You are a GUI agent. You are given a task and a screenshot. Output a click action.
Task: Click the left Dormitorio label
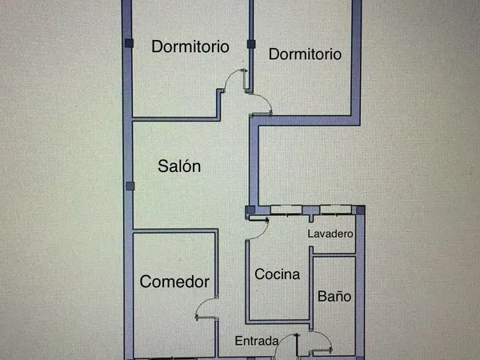coord(190,47)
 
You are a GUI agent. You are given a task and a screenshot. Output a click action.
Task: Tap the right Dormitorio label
coord(305,54)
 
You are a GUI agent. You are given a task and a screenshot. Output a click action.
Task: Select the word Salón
coord(179,166)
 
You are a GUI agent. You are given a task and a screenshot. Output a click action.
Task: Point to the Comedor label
coord(174,282)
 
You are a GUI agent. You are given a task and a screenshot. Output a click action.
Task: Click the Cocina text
coord(277,274)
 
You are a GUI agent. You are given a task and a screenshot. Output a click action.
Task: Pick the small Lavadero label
coord(330,234)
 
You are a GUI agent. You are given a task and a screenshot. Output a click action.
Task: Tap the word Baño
coord(334,296)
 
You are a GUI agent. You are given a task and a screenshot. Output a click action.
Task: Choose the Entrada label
coord(257,341)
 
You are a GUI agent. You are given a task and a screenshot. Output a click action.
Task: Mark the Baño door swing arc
coord(326,336)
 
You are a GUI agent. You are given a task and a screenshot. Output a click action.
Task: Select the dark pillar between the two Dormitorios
coord(251,44)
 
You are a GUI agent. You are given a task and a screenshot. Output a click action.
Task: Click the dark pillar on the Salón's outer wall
coord(130,186)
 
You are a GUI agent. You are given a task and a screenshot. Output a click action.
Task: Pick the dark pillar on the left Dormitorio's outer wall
coord(129,43)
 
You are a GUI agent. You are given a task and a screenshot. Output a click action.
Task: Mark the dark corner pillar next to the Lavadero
coord(361,210)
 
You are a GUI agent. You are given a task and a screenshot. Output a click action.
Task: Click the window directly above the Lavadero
coord(335,210)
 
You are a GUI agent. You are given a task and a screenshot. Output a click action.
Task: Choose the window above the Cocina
coord(286,210)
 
